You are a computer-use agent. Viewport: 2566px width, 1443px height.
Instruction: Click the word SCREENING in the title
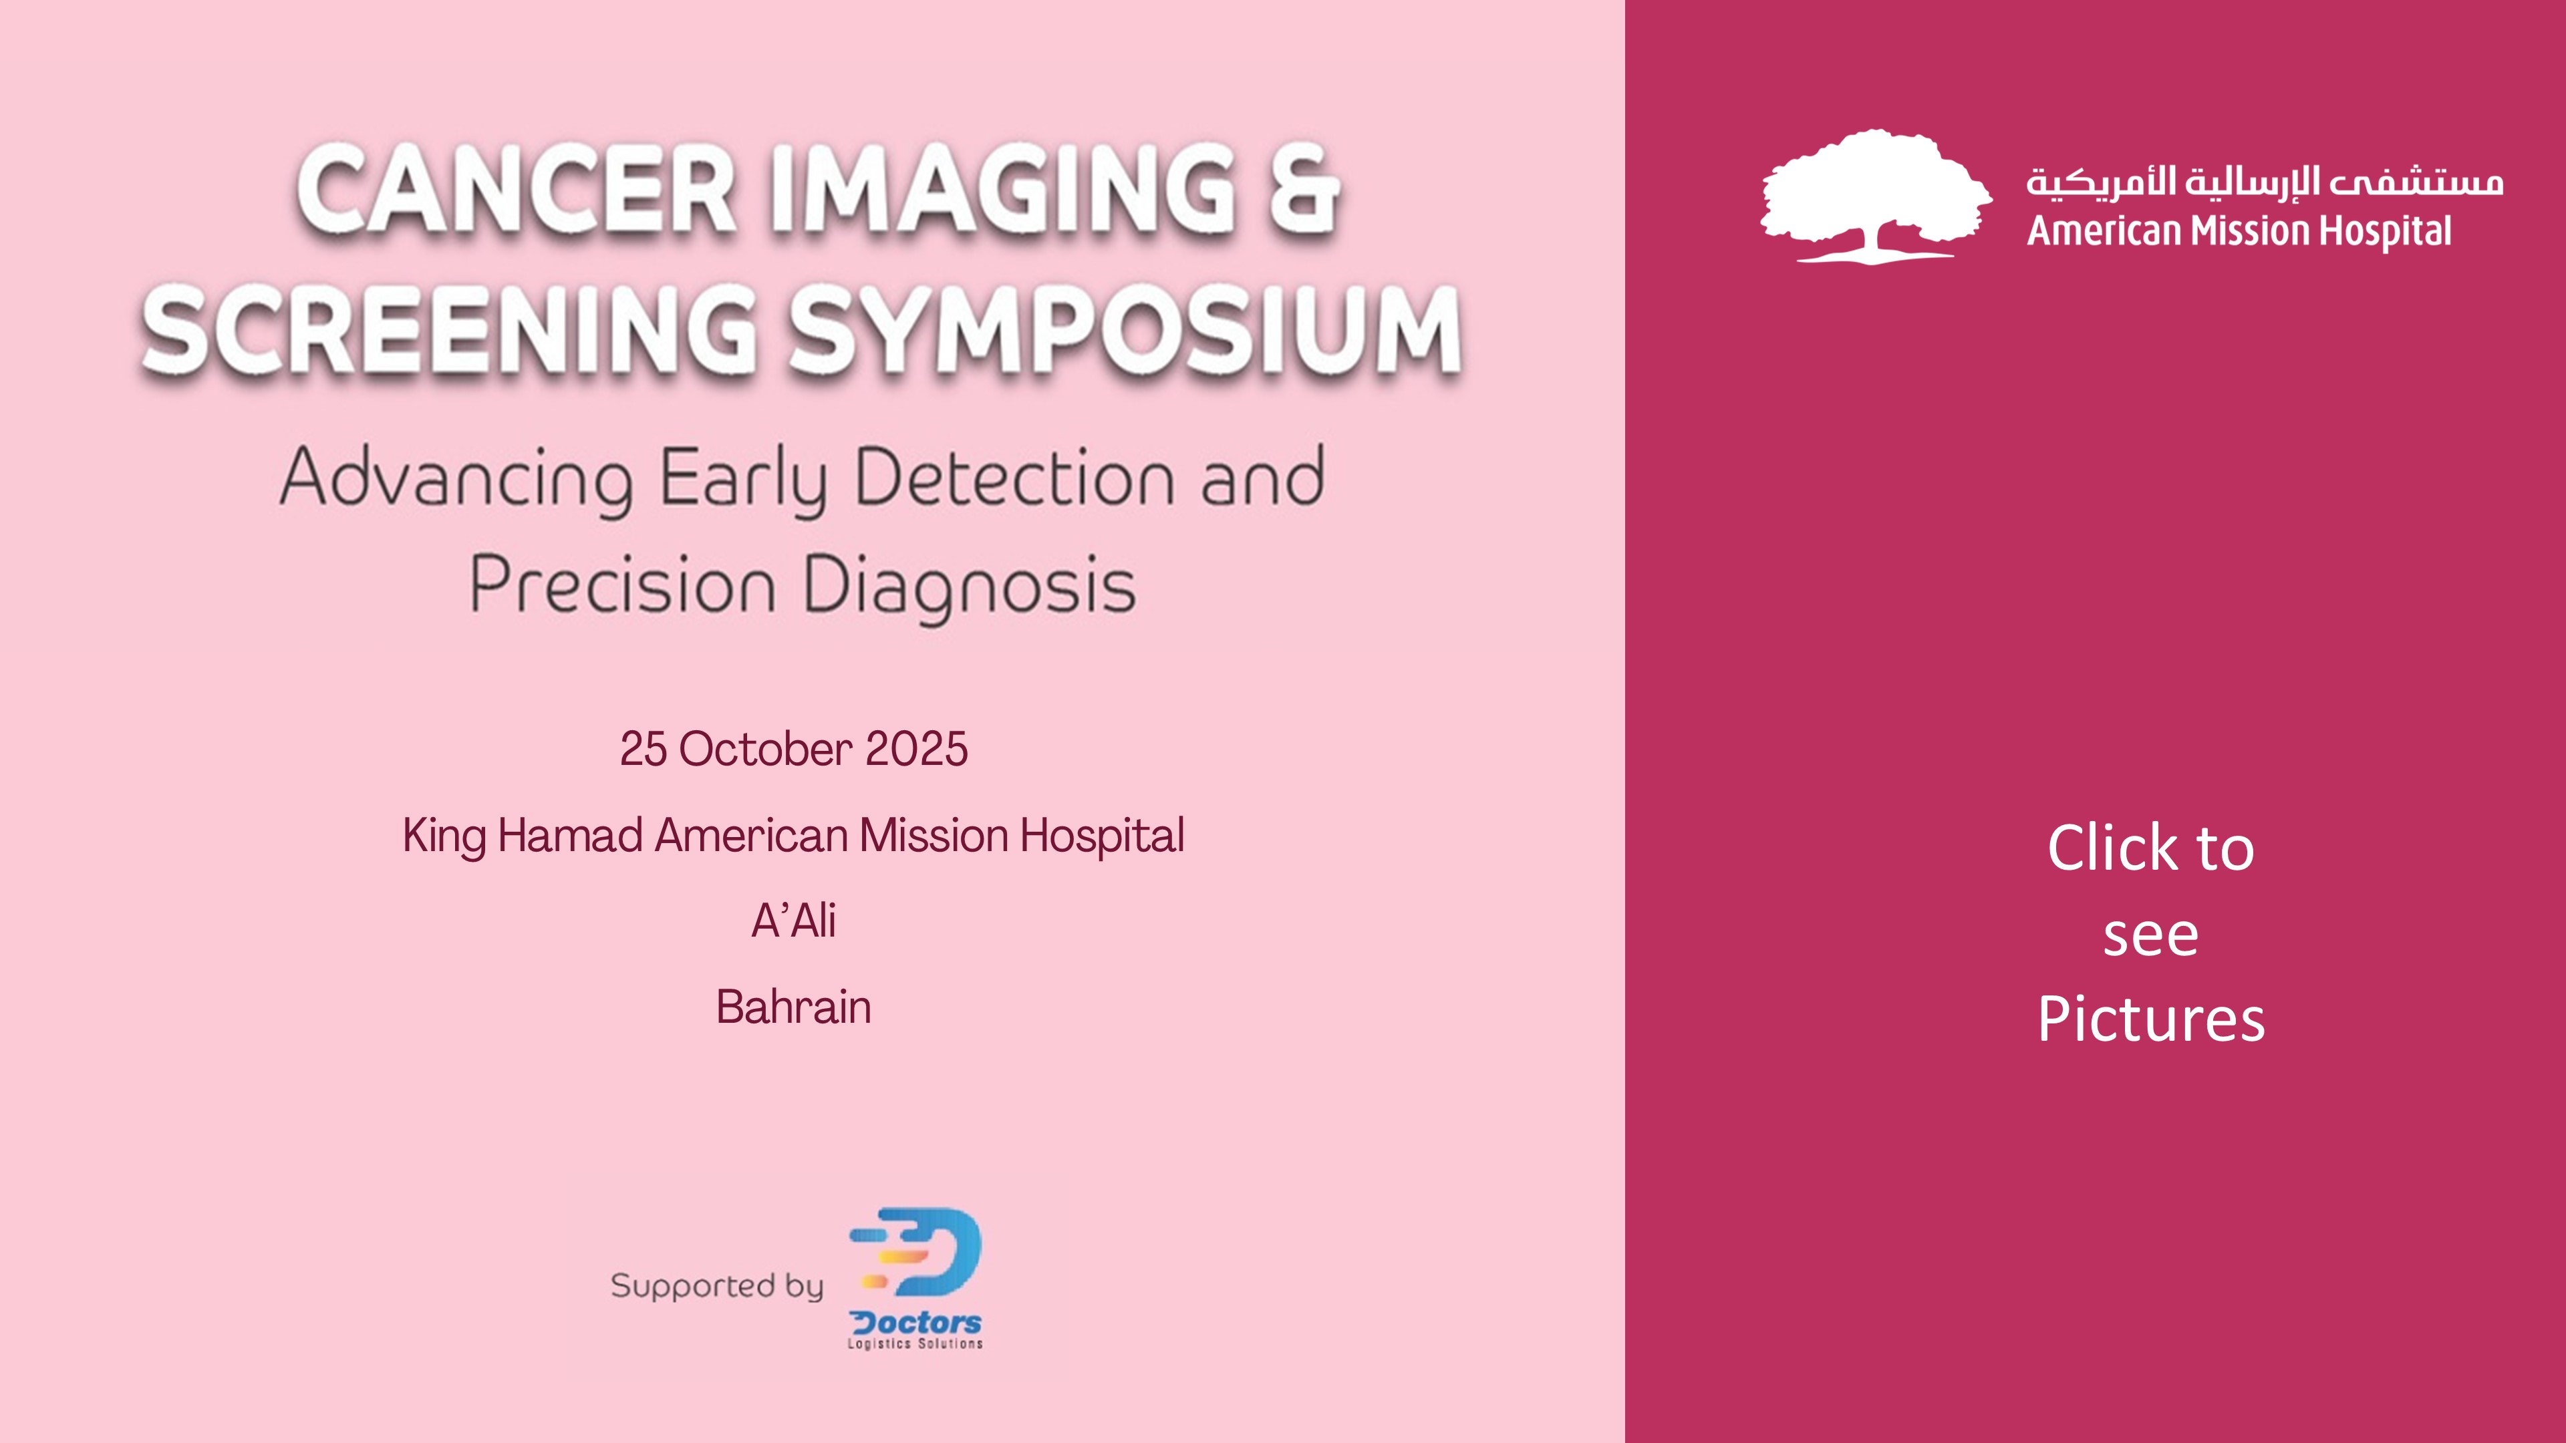449,329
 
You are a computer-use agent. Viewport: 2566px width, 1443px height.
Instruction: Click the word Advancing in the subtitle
456,480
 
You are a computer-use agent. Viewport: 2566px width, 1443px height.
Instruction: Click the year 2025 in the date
916,749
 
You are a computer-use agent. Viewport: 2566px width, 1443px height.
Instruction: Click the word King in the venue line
444,836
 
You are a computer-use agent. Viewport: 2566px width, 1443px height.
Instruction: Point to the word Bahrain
793,1007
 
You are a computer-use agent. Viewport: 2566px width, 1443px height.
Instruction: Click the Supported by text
717,1285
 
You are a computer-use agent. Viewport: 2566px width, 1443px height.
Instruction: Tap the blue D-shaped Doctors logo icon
916,1252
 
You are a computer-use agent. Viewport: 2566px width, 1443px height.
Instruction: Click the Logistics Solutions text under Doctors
914,1343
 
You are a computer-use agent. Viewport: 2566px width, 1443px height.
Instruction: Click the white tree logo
1876,196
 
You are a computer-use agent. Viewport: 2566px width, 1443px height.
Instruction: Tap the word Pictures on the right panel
2150,1019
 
